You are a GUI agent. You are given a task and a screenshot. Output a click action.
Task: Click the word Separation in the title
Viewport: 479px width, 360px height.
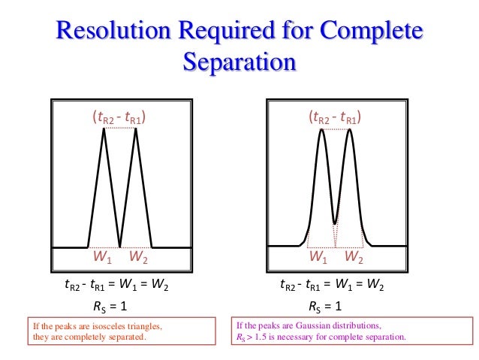[239, 61]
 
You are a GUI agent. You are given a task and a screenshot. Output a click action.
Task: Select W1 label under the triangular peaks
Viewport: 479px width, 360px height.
[102, 258]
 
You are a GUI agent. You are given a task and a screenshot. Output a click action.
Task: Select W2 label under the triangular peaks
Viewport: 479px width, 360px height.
[138, 258]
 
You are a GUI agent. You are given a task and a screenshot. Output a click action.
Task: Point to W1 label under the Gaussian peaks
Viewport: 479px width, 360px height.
[319, 258]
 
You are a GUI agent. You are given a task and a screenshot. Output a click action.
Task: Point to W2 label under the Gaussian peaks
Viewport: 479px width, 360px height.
[354, 258]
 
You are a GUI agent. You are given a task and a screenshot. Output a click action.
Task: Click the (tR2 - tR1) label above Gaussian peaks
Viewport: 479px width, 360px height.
[335, 117]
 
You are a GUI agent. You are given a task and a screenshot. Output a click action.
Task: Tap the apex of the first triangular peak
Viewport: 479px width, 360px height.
[104, 129]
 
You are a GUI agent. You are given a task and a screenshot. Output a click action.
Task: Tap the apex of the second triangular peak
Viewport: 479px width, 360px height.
[136, 129]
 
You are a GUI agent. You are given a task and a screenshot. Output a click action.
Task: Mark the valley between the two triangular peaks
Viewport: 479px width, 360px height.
[120, 245]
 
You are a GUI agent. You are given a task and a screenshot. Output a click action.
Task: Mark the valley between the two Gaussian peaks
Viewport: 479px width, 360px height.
[335, 222]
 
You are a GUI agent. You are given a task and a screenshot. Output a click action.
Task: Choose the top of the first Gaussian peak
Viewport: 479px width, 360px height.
[321, 131]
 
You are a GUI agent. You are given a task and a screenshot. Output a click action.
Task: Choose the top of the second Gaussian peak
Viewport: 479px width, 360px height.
[349, 131]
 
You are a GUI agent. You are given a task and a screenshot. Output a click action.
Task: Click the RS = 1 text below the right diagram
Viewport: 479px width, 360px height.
[325, 307]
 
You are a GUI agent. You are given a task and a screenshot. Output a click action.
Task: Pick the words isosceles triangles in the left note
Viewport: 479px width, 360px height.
[130, 327]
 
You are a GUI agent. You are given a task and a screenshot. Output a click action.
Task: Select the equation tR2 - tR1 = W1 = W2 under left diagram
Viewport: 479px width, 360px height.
[116, 286]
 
